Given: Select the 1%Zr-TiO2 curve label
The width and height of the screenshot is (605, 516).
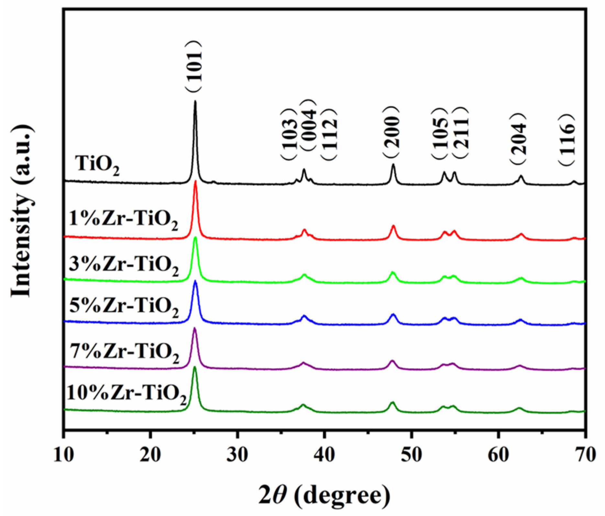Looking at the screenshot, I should [123, 220].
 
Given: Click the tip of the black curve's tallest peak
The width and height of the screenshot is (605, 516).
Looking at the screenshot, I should [195, 102].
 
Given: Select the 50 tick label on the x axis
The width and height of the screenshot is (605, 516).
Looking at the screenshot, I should [411, 454].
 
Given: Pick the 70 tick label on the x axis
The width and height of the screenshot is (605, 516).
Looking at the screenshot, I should [585, 454].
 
